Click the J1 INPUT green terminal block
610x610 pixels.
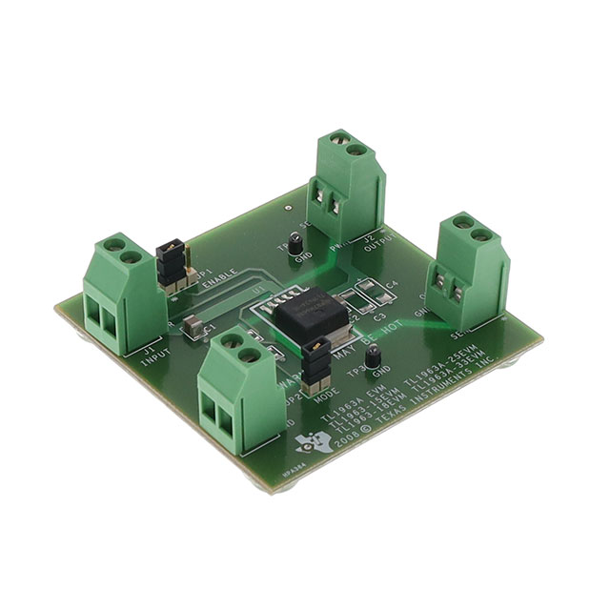tap(120, 296)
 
